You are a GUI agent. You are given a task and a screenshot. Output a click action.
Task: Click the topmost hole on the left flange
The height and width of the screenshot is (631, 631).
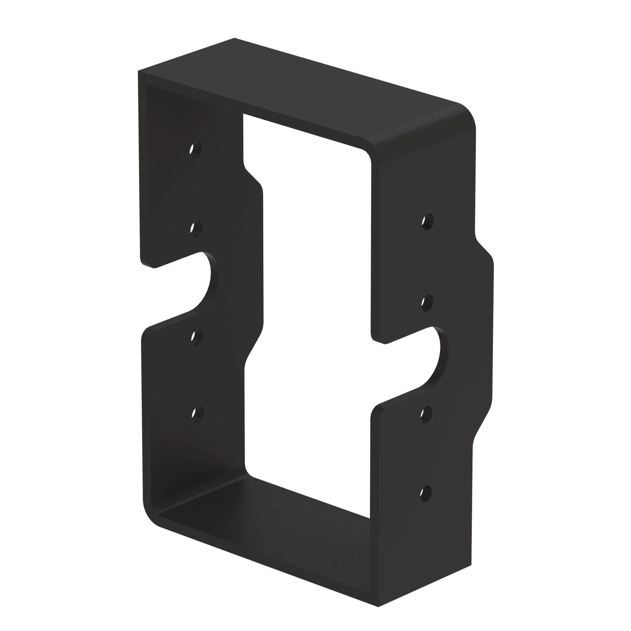(x=195, y=150)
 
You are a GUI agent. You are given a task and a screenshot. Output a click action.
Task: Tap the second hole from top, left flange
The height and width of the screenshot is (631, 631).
(x=196, y=228)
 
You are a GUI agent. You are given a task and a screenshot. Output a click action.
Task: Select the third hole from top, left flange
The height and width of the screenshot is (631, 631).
(x=196, y=337)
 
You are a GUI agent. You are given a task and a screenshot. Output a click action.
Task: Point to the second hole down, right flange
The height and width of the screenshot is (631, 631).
(x=427, y=303)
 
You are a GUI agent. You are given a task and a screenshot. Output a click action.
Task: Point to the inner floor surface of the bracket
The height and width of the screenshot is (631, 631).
(x=261, y=503)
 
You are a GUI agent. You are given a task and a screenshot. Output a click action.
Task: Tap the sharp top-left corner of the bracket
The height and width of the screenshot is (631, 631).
(x=139, y=71)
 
